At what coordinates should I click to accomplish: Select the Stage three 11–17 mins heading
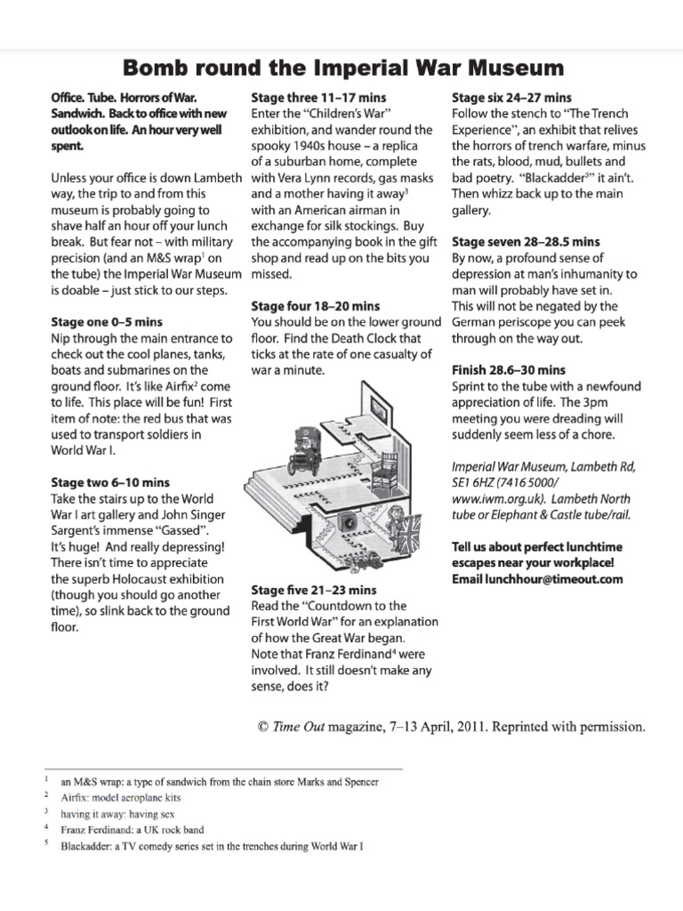[x=318, y=97]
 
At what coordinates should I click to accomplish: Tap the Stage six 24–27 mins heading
[x=511, y=97]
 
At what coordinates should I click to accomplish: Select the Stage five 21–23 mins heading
[x=313, y=590]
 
